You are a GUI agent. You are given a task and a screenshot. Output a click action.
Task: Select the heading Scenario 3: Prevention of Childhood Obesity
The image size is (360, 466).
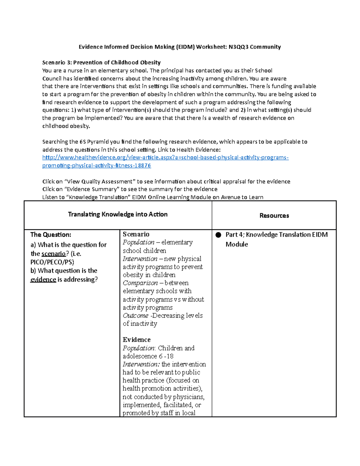(101, 62)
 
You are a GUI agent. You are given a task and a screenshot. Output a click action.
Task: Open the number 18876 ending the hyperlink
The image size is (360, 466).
(143, 165)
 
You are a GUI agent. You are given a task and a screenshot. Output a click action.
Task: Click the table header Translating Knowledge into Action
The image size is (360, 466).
(118, 214)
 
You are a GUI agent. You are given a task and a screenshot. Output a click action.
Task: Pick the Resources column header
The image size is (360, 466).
(274, 215)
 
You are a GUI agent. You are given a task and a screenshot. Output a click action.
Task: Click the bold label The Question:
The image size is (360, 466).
(51, 235)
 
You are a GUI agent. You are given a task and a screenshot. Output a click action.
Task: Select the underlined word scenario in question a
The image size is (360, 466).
(53, 254)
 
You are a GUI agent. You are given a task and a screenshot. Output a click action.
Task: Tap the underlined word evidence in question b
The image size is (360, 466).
(43, 279)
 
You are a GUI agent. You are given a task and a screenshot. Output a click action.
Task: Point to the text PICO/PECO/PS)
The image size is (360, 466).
(52, 262)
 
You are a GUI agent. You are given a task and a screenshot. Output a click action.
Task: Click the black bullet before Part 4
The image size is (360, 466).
(218, 235)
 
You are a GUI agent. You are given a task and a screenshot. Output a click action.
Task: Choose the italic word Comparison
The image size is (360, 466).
(140, 283)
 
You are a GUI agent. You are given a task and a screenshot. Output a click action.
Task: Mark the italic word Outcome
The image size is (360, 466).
(135, 316)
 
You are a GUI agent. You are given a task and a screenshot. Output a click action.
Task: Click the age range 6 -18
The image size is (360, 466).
(166, 356)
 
